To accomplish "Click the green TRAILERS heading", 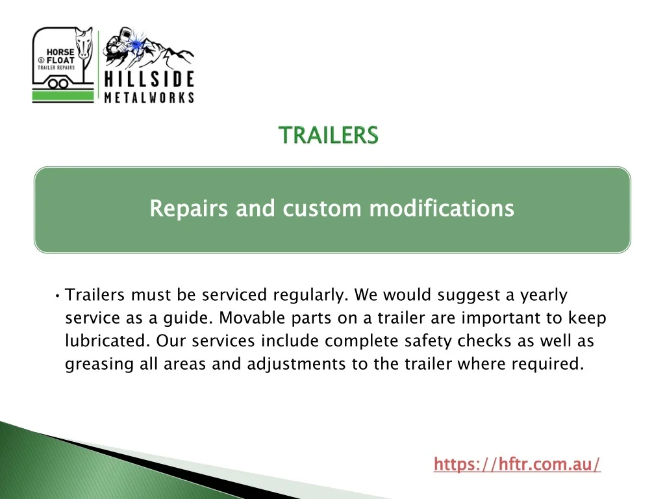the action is [328, 135].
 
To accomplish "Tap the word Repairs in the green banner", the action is [189, 209].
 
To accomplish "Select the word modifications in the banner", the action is [442, 209].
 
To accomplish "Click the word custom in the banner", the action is [322, 209].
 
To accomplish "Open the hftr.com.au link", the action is [517, 463].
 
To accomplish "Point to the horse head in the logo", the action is [84, 44].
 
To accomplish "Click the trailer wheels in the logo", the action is [58, 83].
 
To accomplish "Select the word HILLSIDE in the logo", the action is [149, 79].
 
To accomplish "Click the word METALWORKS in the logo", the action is [149, 97].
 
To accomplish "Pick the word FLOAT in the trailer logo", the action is [60, 60].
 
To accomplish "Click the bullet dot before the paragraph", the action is [57, 296].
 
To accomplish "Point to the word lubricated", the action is [108, 340].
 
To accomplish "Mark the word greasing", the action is [99, 365].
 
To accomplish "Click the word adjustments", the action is [296, 365].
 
